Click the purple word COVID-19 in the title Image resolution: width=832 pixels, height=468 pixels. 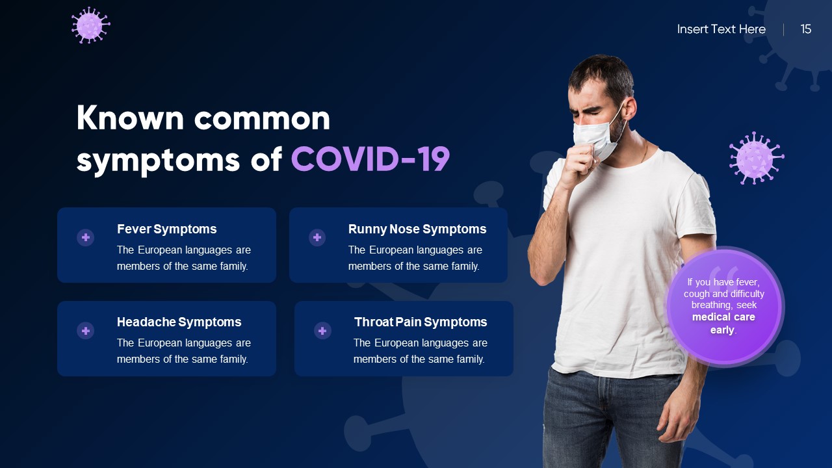370,159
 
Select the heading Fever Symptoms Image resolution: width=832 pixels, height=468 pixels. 166,229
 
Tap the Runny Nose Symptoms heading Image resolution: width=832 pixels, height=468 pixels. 417,229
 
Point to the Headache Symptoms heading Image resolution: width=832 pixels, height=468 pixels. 179,322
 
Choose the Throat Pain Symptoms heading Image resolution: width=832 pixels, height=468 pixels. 420,322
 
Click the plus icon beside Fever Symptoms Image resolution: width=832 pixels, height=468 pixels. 85,237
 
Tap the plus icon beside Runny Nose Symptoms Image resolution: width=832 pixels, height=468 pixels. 317,237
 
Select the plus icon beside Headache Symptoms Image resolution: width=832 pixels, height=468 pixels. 85,331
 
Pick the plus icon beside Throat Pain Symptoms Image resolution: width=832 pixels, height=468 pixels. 322,331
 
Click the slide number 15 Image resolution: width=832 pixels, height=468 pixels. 806,29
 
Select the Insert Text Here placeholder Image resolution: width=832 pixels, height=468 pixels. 721,29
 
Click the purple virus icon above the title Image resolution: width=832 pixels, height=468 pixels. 90,25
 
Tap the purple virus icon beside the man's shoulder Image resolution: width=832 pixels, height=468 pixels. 755,158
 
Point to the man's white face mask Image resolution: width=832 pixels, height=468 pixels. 595,133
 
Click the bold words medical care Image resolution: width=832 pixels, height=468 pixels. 723,317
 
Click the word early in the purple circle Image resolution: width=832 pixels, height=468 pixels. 721,330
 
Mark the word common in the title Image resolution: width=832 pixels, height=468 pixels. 262,118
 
